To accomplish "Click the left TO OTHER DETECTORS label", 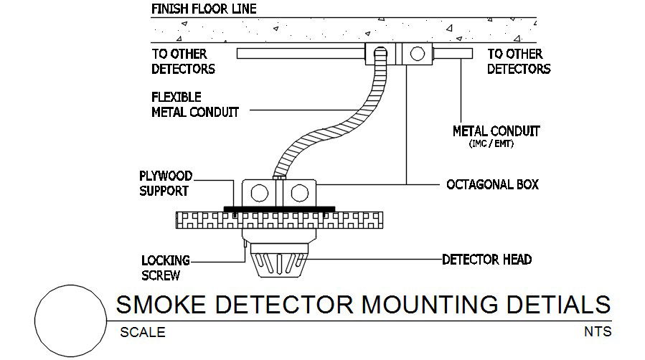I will [x=183, y=62].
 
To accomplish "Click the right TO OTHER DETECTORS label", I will [x=519, y=62].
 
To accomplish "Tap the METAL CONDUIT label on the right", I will [x=495, y=131].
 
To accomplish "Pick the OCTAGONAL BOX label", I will [x=492, y=184].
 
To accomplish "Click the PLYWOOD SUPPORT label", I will [x=164, y=184].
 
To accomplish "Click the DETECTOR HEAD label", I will [x=486, y=259].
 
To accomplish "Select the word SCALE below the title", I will [x=142, y=332].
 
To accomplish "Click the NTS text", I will [x=597, y=332].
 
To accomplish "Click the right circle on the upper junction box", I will [x=414, y=54].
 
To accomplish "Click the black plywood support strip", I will [x=279, y=209].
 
